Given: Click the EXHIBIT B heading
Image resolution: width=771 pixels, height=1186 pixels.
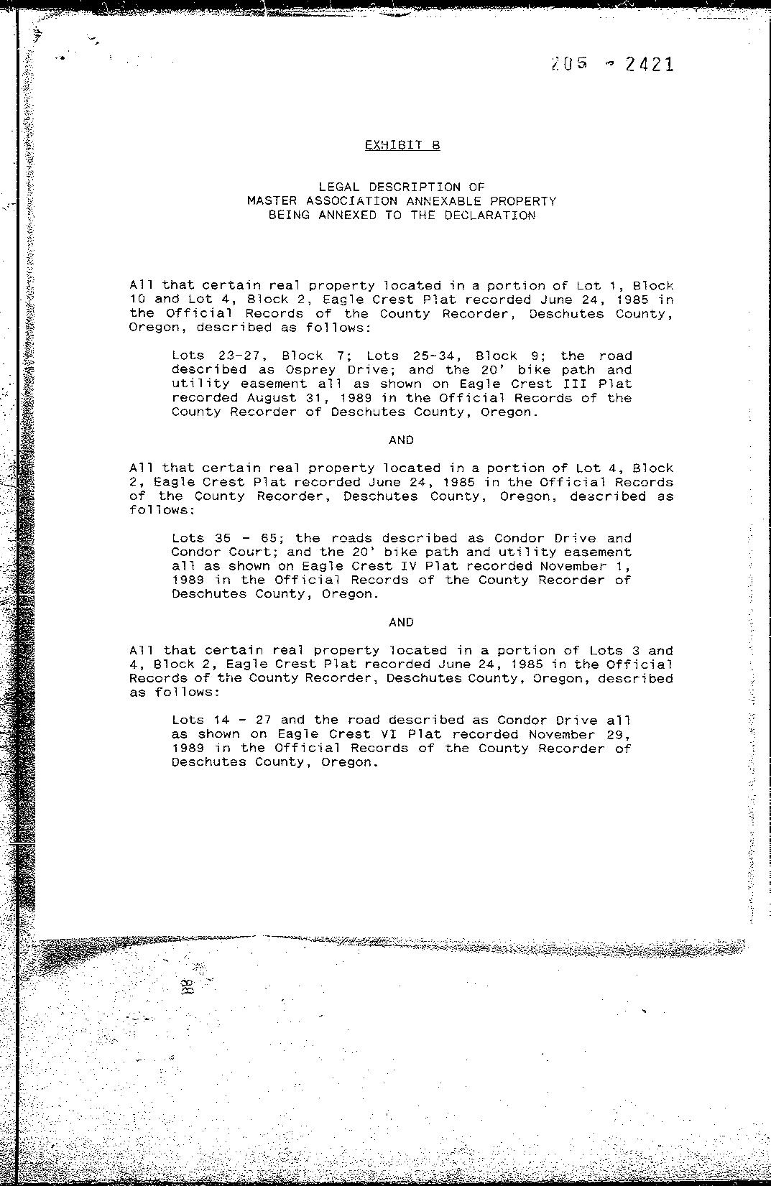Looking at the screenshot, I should point(402,145).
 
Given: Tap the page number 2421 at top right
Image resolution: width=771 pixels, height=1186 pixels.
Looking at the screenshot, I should point(650,65).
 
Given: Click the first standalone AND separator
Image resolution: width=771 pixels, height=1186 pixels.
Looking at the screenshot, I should point(401,440).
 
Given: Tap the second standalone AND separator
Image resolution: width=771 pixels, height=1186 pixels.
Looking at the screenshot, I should point(401,622).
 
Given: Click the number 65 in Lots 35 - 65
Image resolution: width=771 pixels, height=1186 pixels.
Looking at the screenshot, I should point(269,538).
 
